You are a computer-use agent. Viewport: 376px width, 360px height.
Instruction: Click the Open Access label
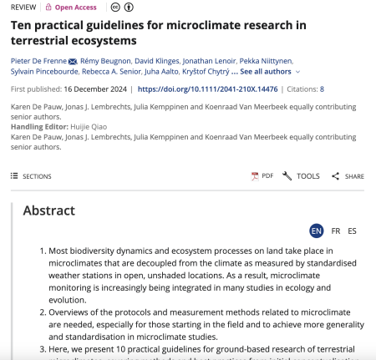(76, 8)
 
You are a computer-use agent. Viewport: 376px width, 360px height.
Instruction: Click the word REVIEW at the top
(23, 8)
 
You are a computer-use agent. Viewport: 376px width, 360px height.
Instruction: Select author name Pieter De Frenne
(37, 61)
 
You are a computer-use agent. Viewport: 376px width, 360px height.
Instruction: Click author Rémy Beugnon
(107, 61)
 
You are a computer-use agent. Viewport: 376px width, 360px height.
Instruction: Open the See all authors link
(267, 72)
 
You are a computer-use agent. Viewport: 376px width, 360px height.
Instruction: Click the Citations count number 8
(322, 89)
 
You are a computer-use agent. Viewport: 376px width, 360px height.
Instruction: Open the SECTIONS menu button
(32, 176)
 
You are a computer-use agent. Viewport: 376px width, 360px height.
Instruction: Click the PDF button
(262, 176)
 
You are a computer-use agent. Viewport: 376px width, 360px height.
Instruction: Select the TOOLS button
(302, 176)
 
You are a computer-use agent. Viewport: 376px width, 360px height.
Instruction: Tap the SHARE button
(348, 176)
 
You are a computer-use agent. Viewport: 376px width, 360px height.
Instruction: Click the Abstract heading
(48, 210)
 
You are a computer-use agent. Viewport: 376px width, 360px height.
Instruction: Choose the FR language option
(336, 231)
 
